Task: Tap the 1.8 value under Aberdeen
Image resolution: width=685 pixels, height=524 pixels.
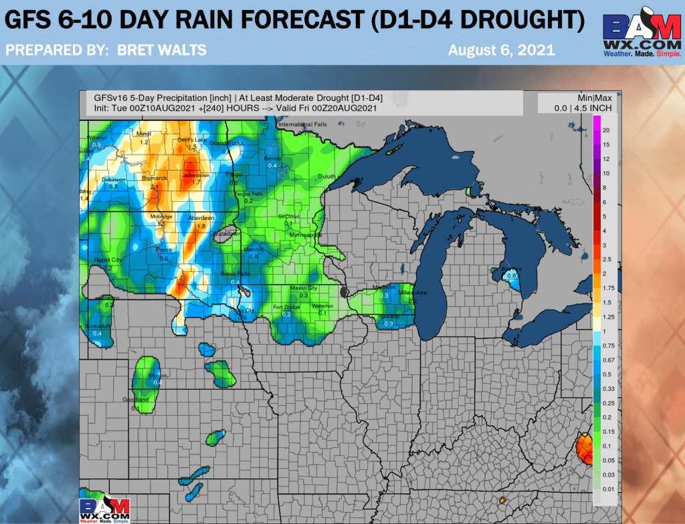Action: point(201,227)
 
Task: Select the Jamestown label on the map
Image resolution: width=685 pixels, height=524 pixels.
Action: point(196,175)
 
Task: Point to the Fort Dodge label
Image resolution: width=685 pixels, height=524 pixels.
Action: point(286,307)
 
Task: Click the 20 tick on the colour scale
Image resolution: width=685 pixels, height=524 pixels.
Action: point(605,130)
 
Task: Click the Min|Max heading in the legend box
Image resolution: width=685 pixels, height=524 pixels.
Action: point(577,98)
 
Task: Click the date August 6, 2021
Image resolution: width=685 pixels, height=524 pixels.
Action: point(501,50)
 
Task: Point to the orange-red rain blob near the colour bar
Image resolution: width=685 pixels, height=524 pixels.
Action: point(585,448)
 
